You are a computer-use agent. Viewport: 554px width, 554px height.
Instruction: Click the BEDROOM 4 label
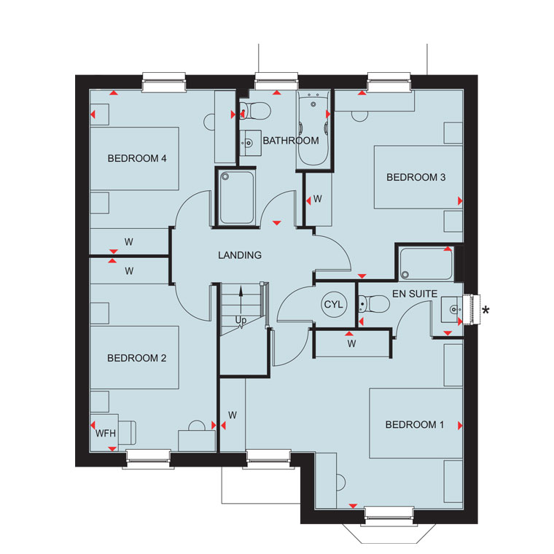(137, 158)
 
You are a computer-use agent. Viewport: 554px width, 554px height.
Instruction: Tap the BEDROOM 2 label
(137, 358)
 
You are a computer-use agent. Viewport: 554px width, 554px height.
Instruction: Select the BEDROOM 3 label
(415, 177)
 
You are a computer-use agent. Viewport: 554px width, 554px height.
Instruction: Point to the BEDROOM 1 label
(415, 424)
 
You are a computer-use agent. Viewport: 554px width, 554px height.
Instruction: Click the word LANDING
(240, 255)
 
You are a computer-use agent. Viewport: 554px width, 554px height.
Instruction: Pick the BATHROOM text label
(291, 141)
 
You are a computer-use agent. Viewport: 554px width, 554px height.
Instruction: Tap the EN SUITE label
(415, 294)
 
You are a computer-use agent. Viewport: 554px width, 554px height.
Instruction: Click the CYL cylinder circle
(333, 304)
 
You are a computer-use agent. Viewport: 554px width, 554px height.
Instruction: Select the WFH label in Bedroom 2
(105, 433)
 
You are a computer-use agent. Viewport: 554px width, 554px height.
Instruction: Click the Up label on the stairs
(241, 320)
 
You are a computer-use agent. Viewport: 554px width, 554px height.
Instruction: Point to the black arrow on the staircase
(241, 301)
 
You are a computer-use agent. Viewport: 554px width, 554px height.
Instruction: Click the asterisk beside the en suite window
(485, 311)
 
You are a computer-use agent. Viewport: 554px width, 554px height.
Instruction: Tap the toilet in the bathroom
(255, 111)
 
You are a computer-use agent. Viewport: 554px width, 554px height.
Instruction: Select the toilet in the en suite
(373, 304)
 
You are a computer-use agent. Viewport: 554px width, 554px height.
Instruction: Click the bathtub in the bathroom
(313, 128)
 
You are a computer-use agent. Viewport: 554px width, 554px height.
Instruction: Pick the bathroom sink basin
(251, 143)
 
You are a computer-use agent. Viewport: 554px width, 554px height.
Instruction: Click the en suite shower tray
(426, 264)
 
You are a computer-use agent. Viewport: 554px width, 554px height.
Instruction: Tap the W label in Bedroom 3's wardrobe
(317, 199)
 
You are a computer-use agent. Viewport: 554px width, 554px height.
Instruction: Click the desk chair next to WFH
(127, 432)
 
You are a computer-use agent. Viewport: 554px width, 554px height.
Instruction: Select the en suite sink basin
(452, 310)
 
